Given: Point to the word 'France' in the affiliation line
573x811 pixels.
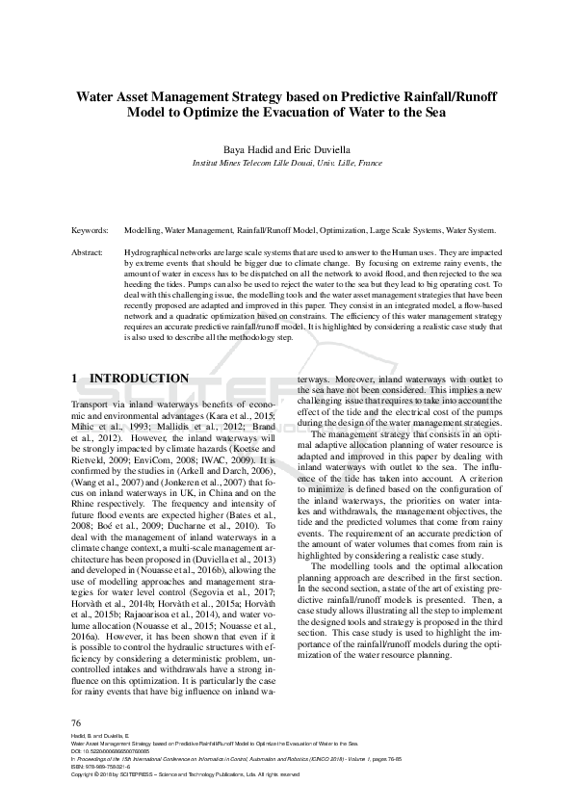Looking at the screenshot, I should coord(369,165).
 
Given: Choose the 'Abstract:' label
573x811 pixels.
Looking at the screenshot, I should coord(90,251).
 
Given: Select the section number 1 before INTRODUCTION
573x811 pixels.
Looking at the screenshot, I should coord(76,379).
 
